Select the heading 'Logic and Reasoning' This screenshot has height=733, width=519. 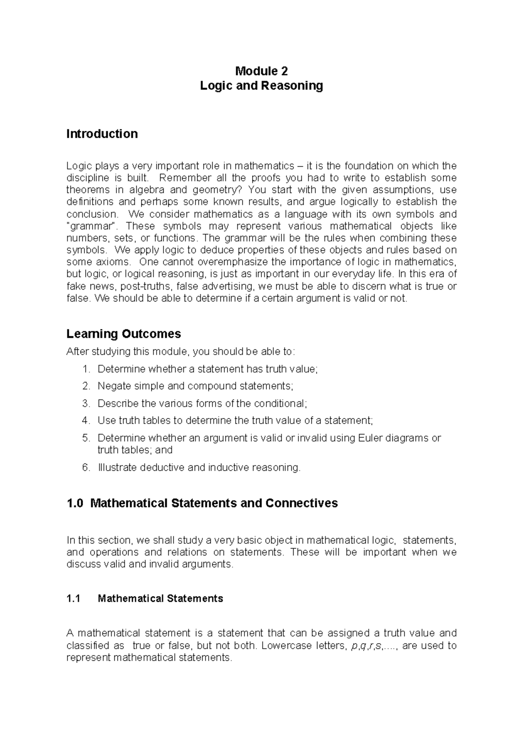(261, 86)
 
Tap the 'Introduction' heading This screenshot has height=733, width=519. (102, 134)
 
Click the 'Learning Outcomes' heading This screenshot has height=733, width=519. (123, 334)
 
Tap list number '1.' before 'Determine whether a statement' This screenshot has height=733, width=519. (86, 369)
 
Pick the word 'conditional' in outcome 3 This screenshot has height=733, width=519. (279, 404)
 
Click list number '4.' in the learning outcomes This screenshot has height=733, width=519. (86, 421)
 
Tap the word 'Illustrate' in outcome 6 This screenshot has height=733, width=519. (117, 468)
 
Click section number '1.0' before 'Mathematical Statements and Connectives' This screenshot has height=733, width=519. (75, 504)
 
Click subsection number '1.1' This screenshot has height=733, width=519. (74, 599)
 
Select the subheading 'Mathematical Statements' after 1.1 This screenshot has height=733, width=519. (160, 599)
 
